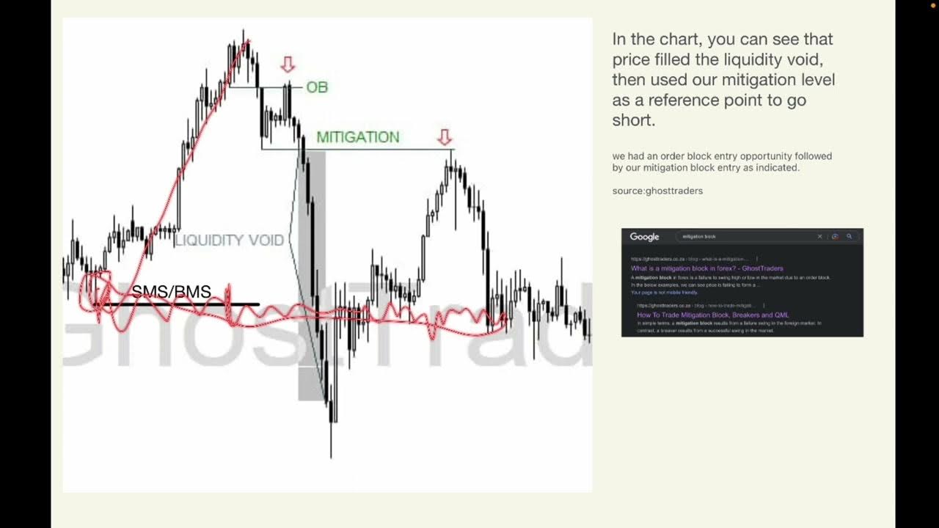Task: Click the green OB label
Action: [317, 87]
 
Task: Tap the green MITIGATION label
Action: [358, 137]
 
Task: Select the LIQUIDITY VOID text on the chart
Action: [229, 241]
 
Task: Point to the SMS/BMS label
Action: [172, 292]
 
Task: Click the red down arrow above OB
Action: [288, 65]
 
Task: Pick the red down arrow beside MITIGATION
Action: [445, 137]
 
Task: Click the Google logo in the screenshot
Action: [645, 237]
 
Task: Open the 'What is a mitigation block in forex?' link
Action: [706, 268]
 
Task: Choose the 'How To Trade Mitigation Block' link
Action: [712, 315]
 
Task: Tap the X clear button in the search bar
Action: [820, 237]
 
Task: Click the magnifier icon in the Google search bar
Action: [850, 237]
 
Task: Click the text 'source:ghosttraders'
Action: [657, 191]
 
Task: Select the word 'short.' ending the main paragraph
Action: [634, 120]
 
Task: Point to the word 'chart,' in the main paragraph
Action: [680, 39]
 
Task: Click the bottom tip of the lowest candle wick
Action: [331, 458]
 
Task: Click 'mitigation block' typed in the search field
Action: [699, 237]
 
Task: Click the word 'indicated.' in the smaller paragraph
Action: [778, 168]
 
